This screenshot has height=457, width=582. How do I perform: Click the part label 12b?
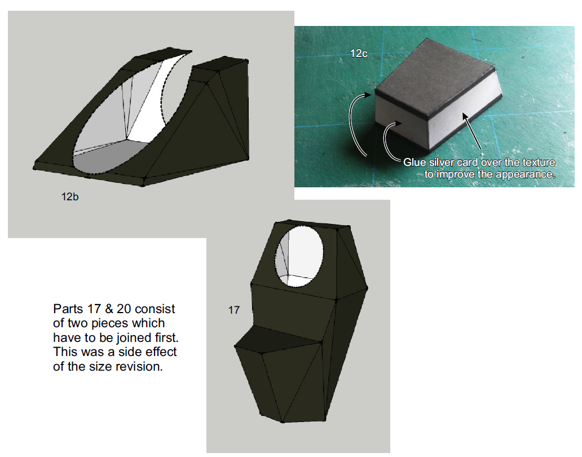[70, 197]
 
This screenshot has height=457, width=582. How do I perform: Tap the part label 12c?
[359, 54]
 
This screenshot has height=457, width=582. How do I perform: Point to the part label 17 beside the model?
[234, 310]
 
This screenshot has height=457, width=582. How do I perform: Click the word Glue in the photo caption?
[415, 162]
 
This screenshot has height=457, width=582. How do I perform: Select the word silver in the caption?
[442, 162]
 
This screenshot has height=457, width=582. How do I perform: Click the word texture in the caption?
[539, 162]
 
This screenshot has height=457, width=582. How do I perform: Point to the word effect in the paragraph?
[161, 352]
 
